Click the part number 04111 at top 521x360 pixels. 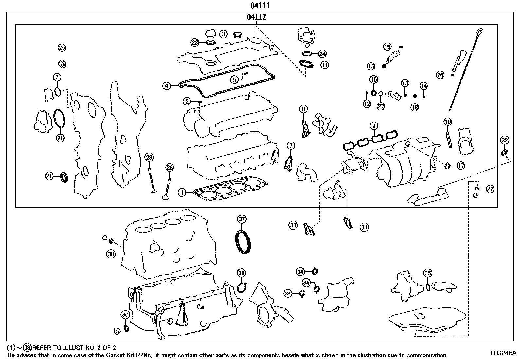coord(260,6)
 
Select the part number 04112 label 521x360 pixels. coord(256,17)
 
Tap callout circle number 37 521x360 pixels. coord(242,219)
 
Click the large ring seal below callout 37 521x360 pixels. coord(243,242)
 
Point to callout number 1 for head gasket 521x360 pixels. coord(182,193)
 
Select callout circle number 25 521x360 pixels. coord(62,48)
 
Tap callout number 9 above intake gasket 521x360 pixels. coord(374,126)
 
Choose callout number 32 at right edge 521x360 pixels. coord(505,140)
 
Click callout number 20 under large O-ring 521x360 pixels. coord(60,138)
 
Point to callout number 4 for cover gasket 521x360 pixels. coord(167,86)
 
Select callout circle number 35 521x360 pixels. coord(427,273)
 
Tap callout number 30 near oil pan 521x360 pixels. coord(125,314)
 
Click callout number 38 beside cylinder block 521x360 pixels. coord(111,253)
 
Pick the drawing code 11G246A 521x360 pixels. coord(503,353)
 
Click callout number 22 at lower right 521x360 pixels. coord(490,189)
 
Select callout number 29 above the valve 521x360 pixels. coord(149,157)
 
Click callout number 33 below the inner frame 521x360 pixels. coord(293,225)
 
